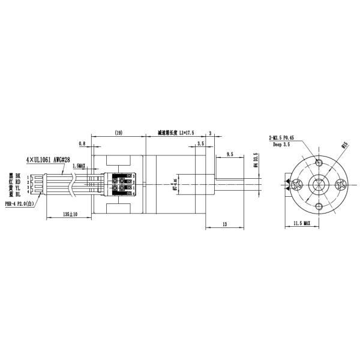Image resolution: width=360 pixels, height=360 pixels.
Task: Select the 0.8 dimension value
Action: point(82,144)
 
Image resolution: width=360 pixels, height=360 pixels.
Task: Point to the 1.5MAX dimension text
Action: point(79,166)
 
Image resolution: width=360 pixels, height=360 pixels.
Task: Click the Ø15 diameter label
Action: point(345,145)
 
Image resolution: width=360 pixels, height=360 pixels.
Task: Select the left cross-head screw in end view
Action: point(295,185)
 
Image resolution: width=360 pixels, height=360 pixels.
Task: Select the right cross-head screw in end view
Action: point(341,185)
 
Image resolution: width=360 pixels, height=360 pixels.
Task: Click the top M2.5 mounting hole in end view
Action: point(318,163)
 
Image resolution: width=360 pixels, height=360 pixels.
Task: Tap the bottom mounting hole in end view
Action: point(318,207)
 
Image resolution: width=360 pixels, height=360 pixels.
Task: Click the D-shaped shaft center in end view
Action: point(318,185)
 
